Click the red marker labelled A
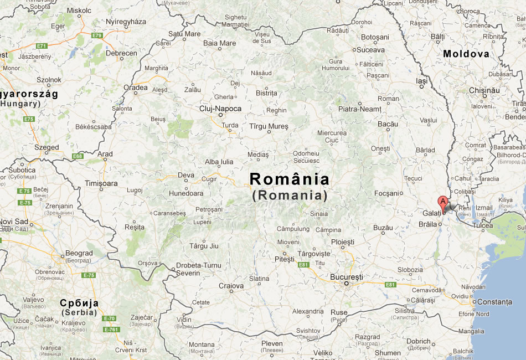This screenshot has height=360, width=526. pos(443,202)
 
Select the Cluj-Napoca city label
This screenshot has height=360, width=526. pos(220,109)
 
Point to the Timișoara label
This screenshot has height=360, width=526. pos(101,183)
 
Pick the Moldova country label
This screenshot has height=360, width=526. pos(466,54)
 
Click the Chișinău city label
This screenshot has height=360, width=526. pos(484,90)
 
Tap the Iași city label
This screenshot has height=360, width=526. pos(422,81)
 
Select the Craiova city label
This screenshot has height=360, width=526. pos(231,286)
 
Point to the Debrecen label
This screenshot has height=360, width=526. pos(121,53)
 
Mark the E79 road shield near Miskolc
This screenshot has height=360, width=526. pos(97,35)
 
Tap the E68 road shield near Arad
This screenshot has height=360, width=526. pos(78,156)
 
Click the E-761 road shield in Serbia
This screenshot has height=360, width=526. pos(111,330)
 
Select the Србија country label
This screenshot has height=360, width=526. pos(79,303)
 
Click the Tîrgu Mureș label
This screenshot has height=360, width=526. pos(269,126)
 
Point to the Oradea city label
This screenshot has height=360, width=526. pos(136,88)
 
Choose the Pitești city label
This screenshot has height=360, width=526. pos(285,259)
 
